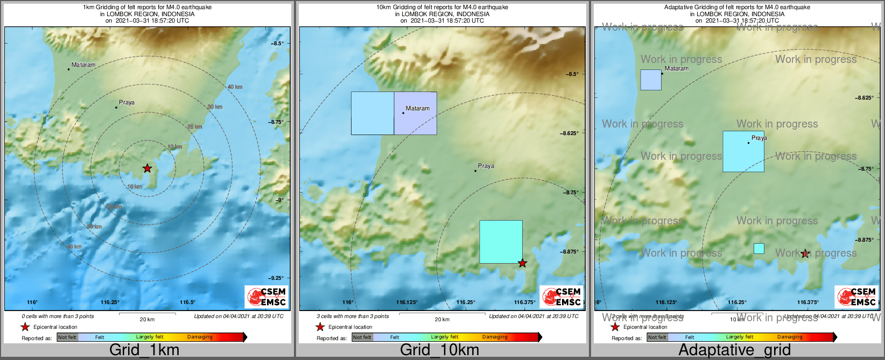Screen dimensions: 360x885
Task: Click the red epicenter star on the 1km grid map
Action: [147, 168]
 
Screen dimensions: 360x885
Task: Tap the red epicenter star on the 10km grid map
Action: [522, 263]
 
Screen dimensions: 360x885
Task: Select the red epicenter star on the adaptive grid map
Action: [805, 253]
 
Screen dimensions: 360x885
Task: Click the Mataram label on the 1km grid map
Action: [83, 65]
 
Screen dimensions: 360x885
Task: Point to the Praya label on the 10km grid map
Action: [486, 166]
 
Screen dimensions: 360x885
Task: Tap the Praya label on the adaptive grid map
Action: [759, 138]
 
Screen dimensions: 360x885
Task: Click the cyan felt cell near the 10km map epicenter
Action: [501, 242]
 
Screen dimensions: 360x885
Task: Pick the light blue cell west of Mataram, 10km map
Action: [373, 113]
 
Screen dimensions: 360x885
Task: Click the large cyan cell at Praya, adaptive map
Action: [743, 152]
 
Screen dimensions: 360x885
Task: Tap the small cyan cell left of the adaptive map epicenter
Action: [759, 249]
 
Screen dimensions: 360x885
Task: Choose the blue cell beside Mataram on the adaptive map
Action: [651, 80]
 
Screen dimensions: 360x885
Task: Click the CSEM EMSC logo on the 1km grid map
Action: [266, 297]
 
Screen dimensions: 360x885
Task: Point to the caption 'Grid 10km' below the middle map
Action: [439, 350]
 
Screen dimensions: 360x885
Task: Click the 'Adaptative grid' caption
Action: [734, 350]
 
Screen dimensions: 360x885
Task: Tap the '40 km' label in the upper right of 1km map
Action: [235, 87]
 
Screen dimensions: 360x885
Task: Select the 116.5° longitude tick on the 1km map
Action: [188, 302]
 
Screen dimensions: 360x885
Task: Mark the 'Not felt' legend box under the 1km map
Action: [67, 337]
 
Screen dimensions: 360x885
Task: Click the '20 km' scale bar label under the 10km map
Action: [442, 320]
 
